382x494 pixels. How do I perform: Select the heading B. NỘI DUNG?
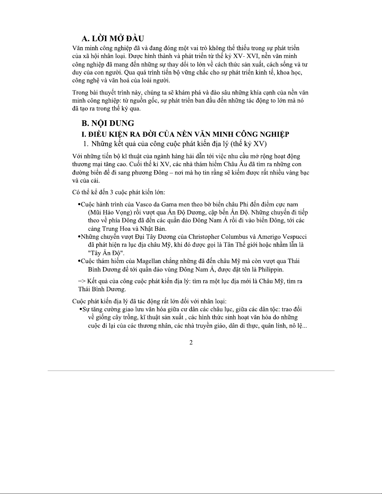coord(108,123)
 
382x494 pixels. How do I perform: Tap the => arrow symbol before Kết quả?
coord(82,281)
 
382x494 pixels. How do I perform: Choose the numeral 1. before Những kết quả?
coord(86,144)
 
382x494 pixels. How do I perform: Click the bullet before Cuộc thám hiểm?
coord(79,261)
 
